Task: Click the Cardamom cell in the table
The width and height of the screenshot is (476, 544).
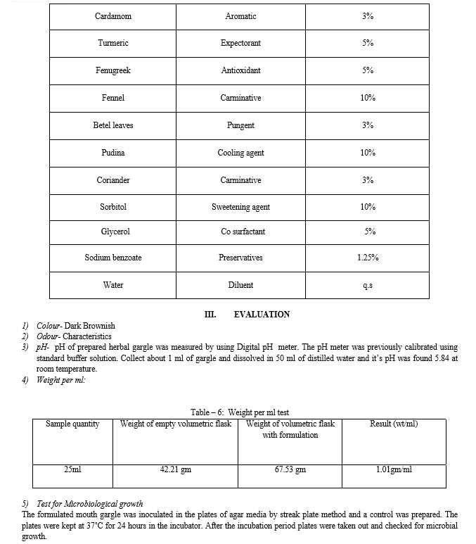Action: point(113,16)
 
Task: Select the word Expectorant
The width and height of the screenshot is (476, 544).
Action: point(240,44)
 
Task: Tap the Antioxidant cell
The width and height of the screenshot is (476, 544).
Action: point(240,71)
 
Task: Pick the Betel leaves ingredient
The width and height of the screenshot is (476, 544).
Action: point(113,125)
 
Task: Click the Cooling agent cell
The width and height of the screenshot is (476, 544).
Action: point(240,153)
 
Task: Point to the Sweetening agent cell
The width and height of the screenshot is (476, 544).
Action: point(240,207)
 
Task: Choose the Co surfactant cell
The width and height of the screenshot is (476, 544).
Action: point(240,232)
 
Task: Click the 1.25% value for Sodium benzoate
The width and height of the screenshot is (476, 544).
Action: point(367,258)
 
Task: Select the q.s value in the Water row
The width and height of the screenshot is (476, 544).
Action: point(367,285)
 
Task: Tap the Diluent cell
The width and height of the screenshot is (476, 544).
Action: point(240,285)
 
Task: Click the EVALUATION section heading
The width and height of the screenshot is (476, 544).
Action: point(262,315)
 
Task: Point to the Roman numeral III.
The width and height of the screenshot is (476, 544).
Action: point(210,315)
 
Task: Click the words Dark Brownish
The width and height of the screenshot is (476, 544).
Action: point(89,326)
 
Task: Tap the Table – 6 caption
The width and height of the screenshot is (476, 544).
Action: point(239,412)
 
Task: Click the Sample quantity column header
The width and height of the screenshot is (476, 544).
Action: point(72,424)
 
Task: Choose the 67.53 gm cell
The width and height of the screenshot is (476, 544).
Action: point(290,469)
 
